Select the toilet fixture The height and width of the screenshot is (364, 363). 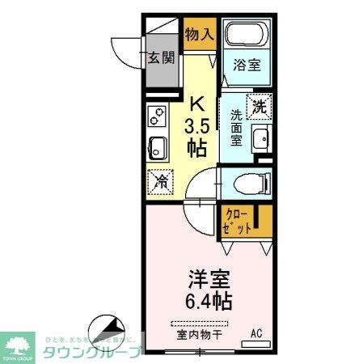click(244, 184)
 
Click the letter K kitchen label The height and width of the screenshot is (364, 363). click(196, 104)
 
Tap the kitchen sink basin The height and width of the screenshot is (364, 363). click(157, 149)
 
